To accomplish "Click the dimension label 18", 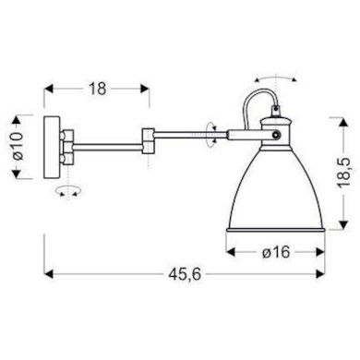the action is pyautogui.click(x=97, y=89).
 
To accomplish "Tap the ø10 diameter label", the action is pyautogui.click(x=18, y=146).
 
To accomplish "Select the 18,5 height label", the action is pyautogui.click(x=343, y=173).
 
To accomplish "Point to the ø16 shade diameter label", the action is pyautogui.click(x=276, y=252).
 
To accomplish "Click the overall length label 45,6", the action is pyautogui.click(x=185, y=274).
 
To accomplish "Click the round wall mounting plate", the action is pyautogui.click(x=52, y=147).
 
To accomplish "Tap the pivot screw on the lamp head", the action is pyautogui.click(x=277, y=135).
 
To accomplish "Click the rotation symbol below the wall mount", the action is pyautogui.click(x=68, y=190).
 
